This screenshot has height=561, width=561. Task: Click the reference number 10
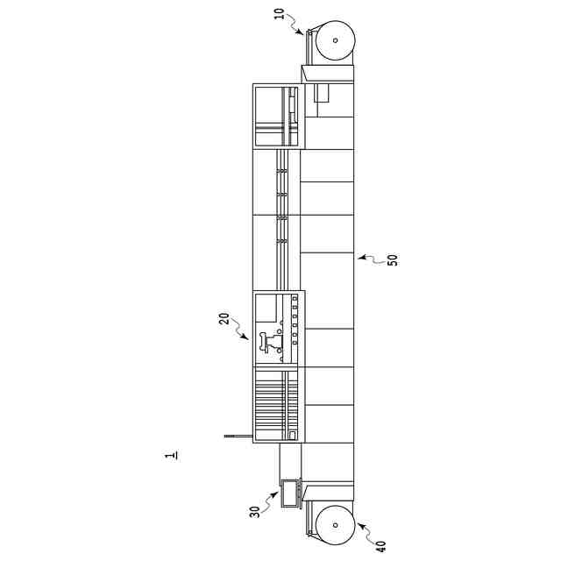tap(279, 14)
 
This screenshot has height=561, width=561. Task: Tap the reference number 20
tap(224, 318)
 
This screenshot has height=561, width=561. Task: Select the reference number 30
tap(255, 512)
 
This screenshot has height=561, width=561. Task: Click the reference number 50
tap(393, 259)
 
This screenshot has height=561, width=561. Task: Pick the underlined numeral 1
tap(171, 456)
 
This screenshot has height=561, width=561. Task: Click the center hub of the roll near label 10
tap(335, 40)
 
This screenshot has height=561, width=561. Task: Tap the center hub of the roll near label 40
tap(335, 525)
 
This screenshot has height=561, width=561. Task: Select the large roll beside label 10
tap(335, 40)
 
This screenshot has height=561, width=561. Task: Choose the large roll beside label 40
tap(335, 525)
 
